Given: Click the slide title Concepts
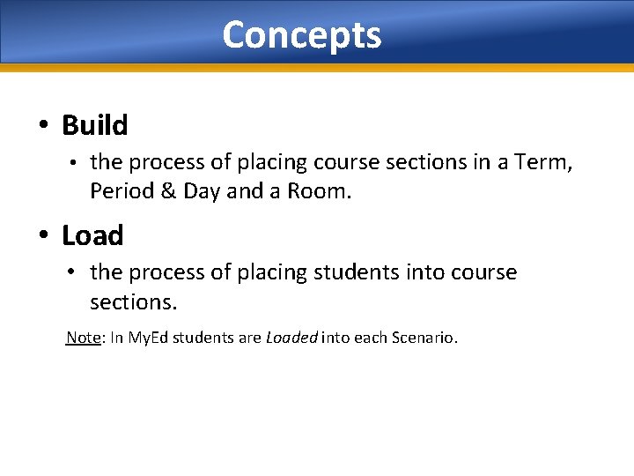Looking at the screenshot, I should [x=301, y=35].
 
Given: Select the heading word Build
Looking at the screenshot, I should [x=94, y=126].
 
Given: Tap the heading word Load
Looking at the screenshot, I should [x=92, y=236].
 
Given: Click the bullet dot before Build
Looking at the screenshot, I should [x=43, y=126].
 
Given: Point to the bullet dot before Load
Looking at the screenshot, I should [x=43, y=236].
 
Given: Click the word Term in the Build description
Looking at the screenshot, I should [x=539, y=162].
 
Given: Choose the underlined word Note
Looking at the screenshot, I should [x=84, y=338].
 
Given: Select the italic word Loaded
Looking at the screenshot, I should [x=291, y=338].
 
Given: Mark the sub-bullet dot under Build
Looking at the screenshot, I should [x=76, y=163].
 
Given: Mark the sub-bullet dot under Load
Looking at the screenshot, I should [x=76, y=273].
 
